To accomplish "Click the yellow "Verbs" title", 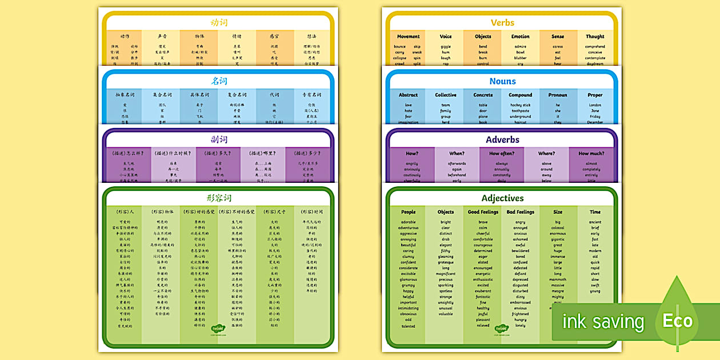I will [x=502, y=23].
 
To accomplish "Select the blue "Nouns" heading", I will [x=502, y=81].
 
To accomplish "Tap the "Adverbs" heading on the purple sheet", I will [x=502, y=139].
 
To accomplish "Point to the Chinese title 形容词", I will [x=219, y=198].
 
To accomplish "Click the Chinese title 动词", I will [x=219, y=23].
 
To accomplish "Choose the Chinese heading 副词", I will [x=219, y=139].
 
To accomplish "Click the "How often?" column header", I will [x=502, y=153].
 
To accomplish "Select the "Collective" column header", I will [x=446, y=95].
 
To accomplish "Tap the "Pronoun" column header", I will [x=558, y=95].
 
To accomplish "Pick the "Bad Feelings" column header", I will [x=520, y=212].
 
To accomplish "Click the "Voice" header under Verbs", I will [x=446, y=37].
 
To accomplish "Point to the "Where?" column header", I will [x=546, y=153].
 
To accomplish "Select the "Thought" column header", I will [x=595, y=37].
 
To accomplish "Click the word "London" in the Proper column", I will [x=595, y=105].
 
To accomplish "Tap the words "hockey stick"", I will [x=520, y=105].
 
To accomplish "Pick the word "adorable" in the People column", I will [x=408, y=222].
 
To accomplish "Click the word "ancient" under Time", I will [x=595, y=222].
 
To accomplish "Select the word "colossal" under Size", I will [x=558, y=228].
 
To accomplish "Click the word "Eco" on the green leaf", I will [x=678, y=321].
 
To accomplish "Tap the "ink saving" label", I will [x=603, y=322].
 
